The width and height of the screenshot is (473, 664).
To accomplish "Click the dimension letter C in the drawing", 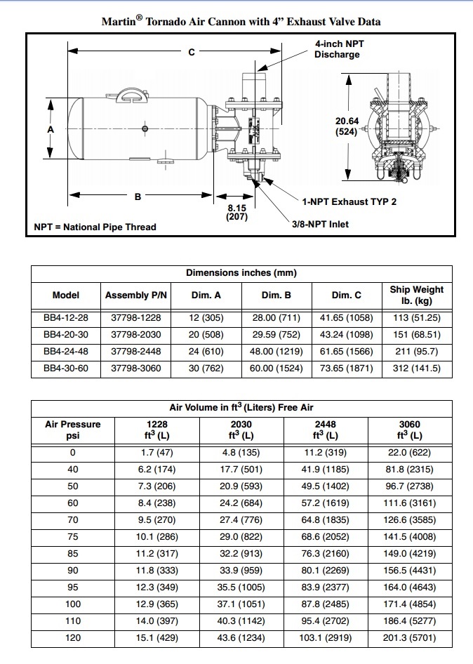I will coord(192,52).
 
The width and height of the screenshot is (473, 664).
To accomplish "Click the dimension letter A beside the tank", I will coord(51,129).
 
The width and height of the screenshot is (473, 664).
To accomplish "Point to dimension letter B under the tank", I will coord(138,197).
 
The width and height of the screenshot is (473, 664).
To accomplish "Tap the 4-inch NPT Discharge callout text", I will coord(339,49).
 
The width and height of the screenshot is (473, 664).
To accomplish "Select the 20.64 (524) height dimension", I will coord(347,126).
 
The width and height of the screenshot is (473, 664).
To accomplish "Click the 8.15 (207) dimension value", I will coord(236,213).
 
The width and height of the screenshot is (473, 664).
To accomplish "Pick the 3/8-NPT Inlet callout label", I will coord(320,225).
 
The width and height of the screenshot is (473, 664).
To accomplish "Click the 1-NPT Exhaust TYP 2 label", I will coord(349,202).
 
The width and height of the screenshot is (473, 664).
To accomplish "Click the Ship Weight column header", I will coord(417,295).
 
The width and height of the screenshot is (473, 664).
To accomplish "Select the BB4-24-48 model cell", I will coord(66,351).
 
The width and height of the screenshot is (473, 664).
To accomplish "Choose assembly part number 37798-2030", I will coord(135,335).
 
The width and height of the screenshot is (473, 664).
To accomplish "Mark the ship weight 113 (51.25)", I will coord(417,318).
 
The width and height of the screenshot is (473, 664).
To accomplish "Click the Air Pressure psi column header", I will coord(72,430).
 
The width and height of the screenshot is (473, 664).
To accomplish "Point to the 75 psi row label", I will coord(72,537).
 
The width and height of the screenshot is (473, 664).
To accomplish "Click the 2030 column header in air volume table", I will coord(241,430).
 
